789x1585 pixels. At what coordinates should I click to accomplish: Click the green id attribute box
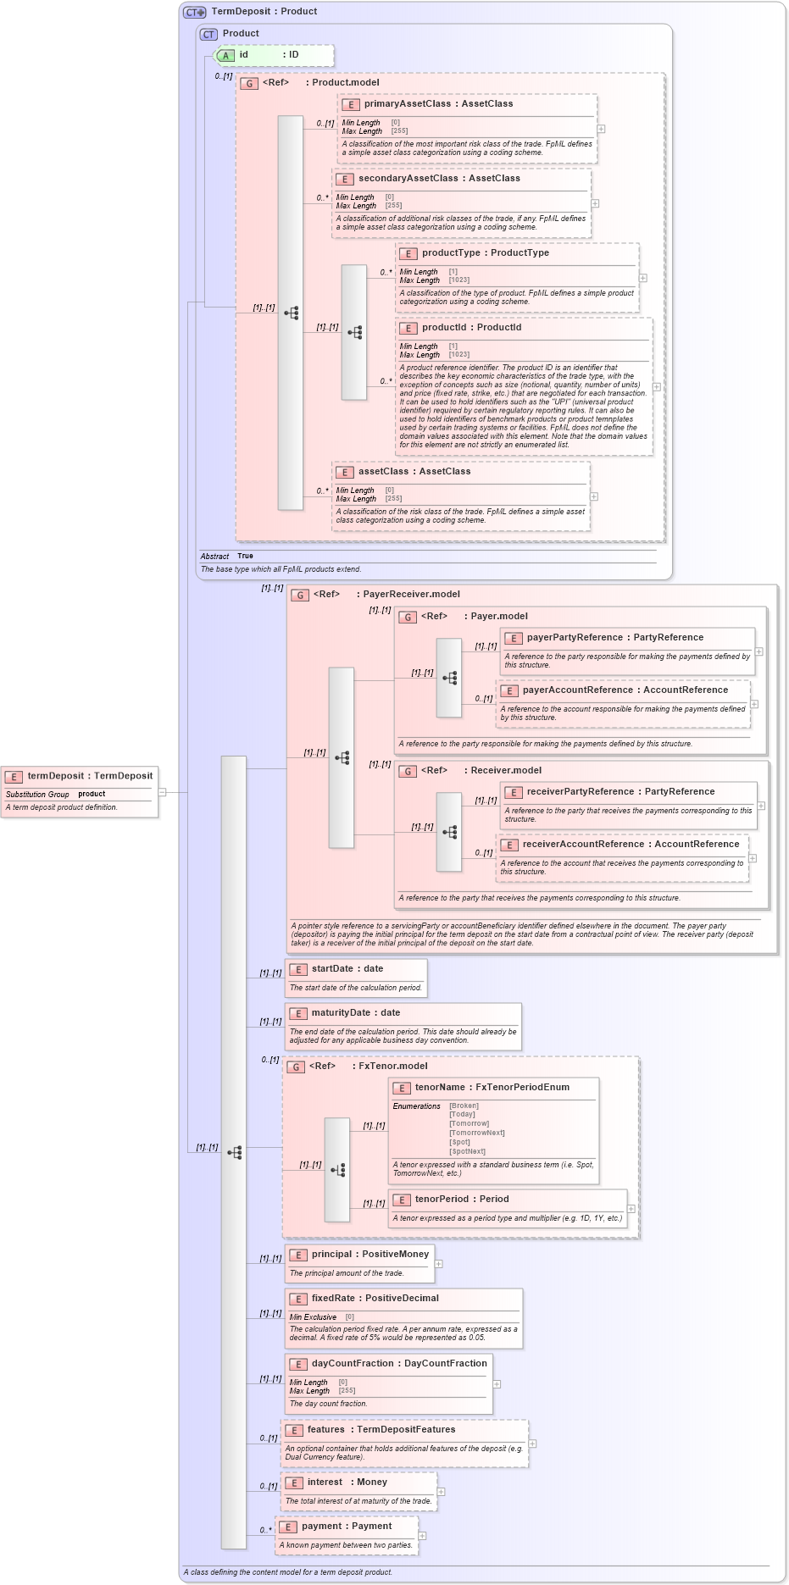pos(274,55)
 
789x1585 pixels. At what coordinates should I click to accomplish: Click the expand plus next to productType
pos(643,278)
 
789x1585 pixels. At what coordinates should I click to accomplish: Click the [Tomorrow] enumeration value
pos(469,1123)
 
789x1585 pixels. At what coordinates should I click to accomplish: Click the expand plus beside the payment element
pos(422,1536)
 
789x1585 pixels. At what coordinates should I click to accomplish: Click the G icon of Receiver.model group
pos(408,772)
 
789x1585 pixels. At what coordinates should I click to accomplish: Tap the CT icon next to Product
pos(208,34)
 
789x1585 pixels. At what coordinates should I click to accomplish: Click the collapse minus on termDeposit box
pos(162,792)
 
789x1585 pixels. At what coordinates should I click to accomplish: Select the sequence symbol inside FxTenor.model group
pos(337,1170)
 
